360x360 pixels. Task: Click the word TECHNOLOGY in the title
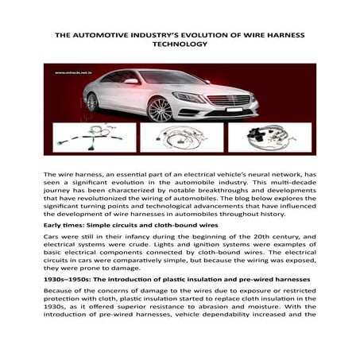tap(180, 46)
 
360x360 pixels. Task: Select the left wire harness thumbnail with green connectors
tap(95, 137)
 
